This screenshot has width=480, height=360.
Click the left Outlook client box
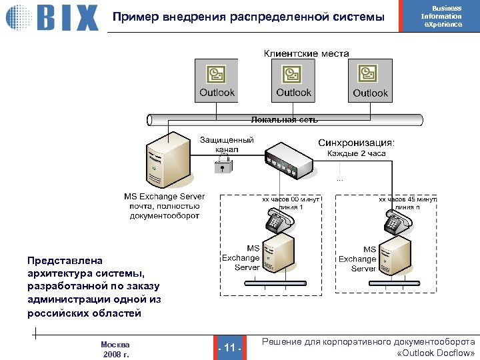coord(217,80)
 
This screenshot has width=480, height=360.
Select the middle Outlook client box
coord(294,80)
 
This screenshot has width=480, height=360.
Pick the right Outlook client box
coord(370,80)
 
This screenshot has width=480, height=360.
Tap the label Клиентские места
coord(306,53)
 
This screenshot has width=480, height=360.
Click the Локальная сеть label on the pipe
coord(285,120)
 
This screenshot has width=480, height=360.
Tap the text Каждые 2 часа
coord(356,154)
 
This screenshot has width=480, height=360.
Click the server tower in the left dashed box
coord(280,257)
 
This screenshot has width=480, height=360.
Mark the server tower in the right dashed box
coord(397,257)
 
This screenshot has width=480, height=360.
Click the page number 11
coord(230,347)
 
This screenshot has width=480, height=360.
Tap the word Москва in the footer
coord(115,344)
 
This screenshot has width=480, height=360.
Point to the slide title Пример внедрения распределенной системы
coord(249,17)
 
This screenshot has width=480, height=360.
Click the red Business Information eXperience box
coord(441,17)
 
